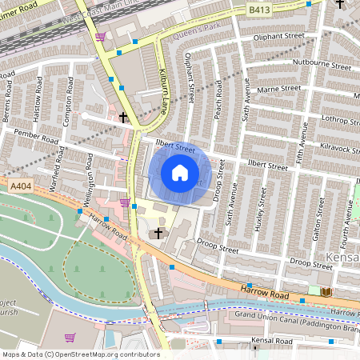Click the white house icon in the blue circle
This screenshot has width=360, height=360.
(x=180, y=173)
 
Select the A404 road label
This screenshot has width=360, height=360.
(x=20, y=186)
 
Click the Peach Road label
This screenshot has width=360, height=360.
(x=217, y=102)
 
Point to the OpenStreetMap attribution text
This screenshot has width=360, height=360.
(x=80, y=354)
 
